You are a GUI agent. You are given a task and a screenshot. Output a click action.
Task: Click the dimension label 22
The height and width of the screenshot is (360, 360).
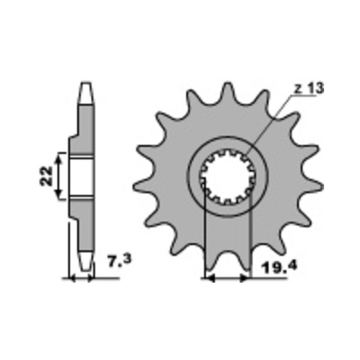click(x=46, y=176)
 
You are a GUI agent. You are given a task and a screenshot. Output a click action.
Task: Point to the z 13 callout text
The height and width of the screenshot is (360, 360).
click(x=309, y=88)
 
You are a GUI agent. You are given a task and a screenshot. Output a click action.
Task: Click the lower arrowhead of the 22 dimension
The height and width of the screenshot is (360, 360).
click(x=59, y=194)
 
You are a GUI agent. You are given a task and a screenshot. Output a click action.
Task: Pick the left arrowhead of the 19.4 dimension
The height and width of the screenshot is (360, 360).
click(x=210, y=279)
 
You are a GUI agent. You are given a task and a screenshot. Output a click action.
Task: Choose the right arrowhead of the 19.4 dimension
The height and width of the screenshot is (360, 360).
click(x=244, y=279)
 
